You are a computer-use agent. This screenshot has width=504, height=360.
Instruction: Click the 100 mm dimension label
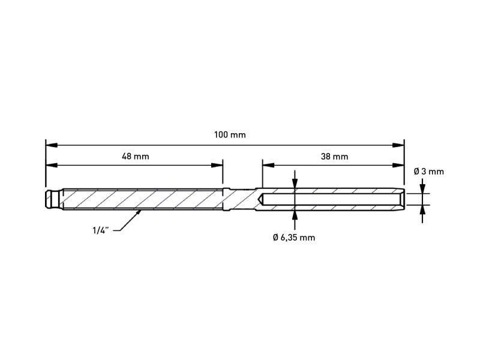click(x=230, y=134)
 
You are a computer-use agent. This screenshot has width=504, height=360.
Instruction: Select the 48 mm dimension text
click(x=136, y=157)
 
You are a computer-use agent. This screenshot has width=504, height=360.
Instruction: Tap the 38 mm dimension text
click(x=334, y=157)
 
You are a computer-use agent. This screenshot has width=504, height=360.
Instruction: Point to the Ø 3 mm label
click(x=429, y=172)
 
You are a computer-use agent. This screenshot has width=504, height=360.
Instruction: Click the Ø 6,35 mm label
click(x=294, y=238)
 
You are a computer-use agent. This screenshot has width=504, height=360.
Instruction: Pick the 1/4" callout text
click(x=101, y=230)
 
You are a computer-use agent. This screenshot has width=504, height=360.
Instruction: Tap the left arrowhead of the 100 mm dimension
click(x=52, y=145)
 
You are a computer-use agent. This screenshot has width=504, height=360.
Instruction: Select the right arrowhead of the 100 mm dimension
click(x=398, y=145)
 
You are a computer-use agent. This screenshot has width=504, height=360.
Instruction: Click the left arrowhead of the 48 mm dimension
click(x=52, y=165)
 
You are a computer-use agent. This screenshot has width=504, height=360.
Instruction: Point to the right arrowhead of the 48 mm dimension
click(x=217, y=165)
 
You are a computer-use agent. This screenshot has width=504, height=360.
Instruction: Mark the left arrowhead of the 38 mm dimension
click(x=269, y=165)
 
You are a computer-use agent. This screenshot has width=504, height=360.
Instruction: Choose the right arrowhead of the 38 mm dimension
click(x=398, y=165)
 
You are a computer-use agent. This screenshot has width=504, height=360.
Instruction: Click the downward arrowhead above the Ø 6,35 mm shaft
click(x=295, y=183)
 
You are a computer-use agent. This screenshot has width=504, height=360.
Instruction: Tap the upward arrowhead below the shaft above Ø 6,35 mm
click(x=295, y=216)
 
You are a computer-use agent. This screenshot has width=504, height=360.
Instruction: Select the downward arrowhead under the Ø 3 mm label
click(x=422, y=188)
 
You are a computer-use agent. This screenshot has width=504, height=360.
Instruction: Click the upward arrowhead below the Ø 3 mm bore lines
click(x=422, y=210)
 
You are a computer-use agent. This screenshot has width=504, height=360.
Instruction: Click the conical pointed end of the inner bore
click(x=260, y=199)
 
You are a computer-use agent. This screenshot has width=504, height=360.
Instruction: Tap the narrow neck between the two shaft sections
click(x=242, y=199)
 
